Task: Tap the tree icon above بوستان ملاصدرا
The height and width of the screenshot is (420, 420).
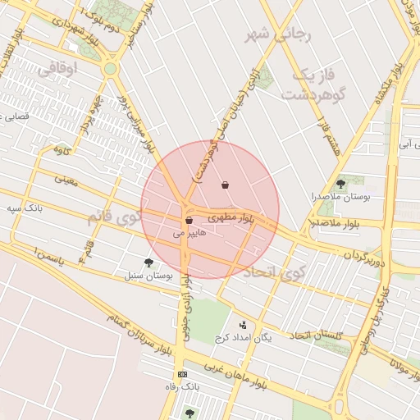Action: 340,184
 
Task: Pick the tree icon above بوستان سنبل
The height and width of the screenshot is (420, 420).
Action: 148,262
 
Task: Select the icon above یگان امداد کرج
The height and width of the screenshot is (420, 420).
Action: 241,325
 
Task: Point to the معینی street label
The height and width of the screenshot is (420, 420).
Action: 66,178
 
